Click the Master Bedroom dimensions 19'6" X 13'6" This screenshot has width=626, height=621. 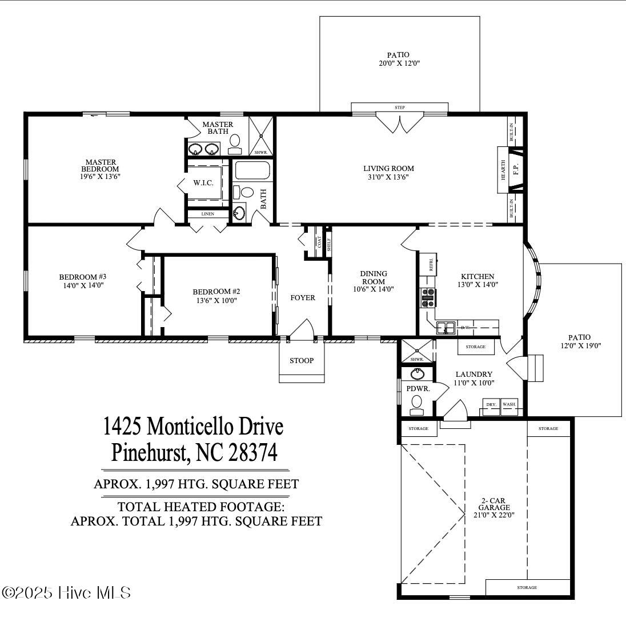pyautogui.click(x=99, y=177)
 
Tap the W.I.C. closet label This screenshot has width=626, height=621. pyautogui.click(x=203, y=183)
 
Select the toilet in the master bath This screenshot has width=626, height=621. pyautogui.click(x=235, y=143)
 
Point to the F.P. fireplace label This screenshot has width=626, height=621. pyautogui.click(x=515, y=169)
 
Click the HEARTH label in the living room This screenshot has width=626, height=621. pyautogui.click(x=503, y=169)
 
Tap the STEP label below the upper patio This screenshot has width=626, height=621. pyautogui.click(x=399, y=108)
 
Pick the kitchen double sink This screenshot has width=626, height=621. pyautogui.click(x=446, y=328)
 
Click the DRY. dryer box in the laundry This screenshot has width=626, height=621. pyautogui.click(x=491, y=404)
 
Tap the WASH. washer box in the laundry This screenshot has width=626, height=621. pyautogui.click(x=509, y=404)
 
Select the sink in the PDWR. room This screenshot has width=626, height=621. pyautogui.click(x=418, y=375)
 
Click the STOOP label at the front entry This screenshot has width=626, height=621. pyautogui.click(x=301, y=360)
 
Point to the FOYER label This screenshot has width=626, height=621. pyautogui.click(x=303, y=298)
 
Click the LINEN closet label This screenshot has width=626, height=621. pyautogui.click(x=208, y=214)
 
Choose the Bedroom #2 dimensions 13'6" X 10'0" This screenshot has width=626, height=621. pyautogui.click(x=220, y=300)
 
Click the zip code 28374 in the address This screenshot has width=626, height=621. pyautogui.click(x=253, y=453)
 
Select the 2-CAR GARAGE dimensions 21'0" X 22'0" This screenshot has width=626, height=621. pyautogui.click(x=494, y=515)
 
